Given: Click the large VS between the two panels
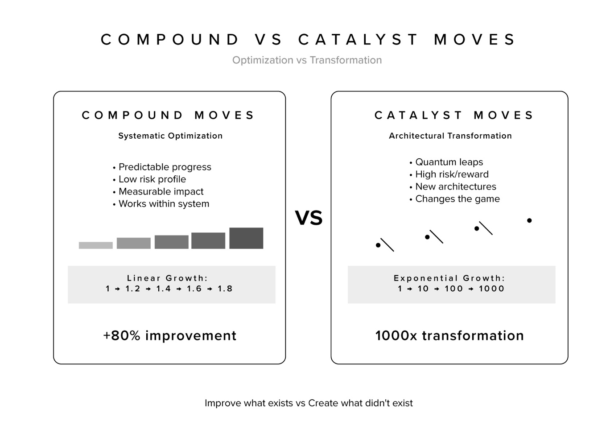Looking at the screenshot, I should (309, 218).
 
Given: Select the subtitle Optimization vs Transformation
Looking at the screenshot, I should (307, 60).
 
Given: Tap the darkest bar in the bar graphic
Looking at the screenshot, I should (246, 238).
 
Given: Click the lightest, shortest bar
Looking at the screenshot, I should (95, 245).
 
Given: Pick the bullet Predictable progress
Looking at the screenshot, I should (165, 167).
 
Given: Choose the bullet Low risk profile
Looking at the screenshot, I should (152, 179).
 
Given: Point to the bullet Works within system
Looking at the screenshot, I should (164, 204).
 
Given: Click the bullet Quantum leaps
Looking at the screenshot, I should (449, 162).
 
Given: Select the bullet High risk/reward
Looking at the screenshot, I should (452, 174).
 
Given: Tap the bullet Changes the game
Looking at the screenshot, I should (457, 199).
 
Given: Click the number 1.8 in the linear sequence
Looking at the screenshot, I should (225, 289).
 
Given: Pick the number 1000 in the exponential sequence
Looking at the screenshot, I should (491, 289).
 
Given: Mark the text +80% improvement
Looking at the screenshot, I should (169, 335).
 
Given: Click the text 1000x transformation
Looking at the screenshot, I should (449, 335).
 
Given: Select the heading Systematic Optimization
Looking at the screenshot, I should (170, 136).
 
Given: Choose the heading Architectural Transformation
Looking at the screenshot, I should (450, 136).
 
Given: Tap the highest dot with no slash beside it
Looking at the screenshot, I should (529, 220).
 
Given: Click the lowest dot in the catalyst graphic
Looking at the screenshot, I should (378, 245).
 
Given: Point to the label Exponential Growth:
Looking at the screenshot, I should (449, 278).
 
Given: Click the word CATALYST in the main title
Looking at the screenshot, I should (359, 40).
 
